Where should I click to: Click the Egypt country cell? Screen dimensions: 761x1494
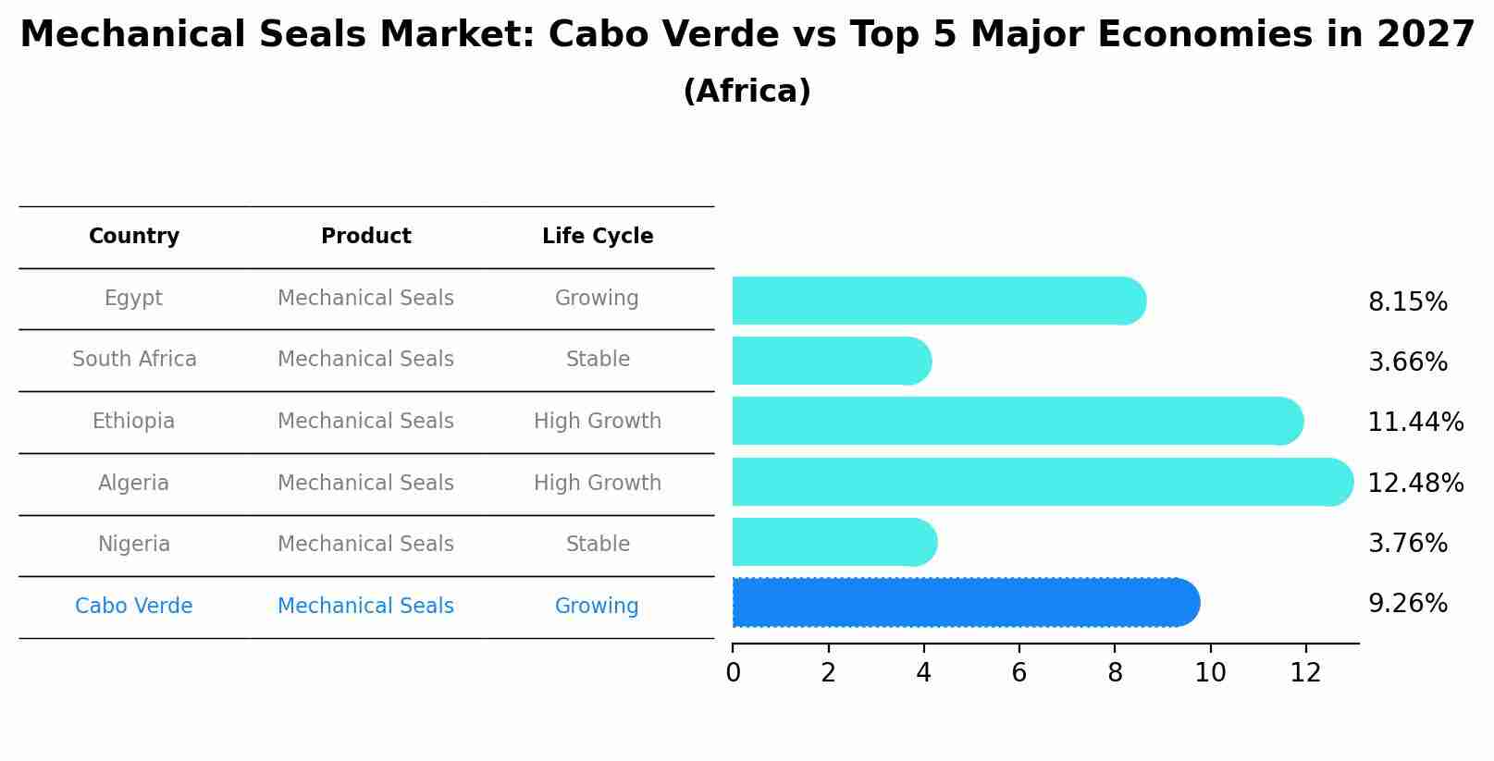click(x=133, y=299)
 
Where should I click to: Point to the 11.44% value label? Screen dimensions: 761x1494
click(x=1414, y=423)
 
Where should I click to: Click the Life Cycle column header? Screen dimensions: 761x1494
click(x=597, y=237)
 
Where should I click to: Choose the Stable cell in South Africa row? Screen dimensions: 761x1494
click(x=597, y=360)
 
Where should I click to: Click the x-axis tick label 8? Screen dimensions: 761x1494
click(x=1115, y=673)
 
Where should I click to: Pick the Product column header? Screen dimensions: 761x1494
click(x=365, y=237)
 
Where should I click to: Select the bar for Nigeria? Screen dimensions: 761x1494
click(x=833, y=542)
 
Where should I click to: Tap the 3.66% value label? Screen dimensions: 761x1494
click(x=1407, y=362)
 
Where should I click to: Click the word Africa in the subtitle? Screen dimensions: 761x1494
click(x=747, y=92)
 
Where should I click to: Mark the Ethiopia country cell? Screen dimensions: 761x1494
click(x=133, y=422)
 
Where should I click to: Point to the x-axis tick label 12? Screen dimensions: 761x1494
click(x=1305, y=673)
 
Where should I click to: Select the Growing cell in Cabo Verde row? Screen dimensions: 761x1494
click(x=597, y=607)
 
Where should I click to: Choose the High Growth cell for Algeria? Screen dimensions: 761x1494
click(x=597, y=484)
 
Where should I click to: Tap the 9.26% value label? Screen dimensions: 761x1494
click(x=1407, y=604)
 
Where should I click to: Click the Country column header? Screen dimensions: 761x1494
click(x=133, y=237)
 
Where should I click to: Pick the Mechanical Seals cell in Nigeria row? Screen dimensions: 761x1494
click(x=365, y=545)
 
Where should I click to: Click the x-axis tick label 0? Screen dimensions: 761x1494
click(x=733, y=673)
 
